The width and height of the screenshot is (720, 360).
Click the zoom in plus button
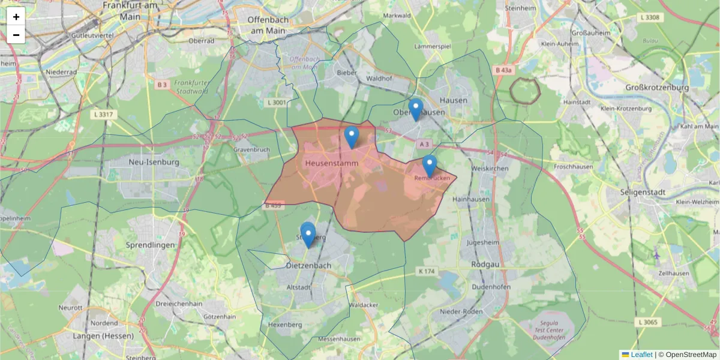[16, 17]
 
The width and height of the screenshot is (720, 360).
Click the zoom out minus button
[16, 35]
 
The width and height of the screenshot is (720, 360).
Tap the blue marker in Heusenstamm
[352, 137]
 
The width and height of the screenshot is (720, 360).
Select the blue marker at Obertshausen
[415, 110]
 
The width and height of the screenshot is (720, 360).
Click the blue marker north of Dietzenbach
[308, 235]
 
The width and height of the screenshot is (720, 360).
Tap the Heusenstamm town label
[332, 163]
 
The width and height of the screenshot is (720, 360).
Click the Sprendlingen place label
[150, 245]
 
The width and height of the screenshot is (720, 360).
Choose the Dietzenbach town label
[308, 265]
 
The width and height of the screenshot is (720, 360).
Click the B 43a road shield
[505, 70]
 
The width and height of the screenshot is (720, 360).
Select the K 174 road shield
[426, 272]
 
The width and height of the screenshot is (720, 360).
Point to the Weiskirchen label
[490, 169]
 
